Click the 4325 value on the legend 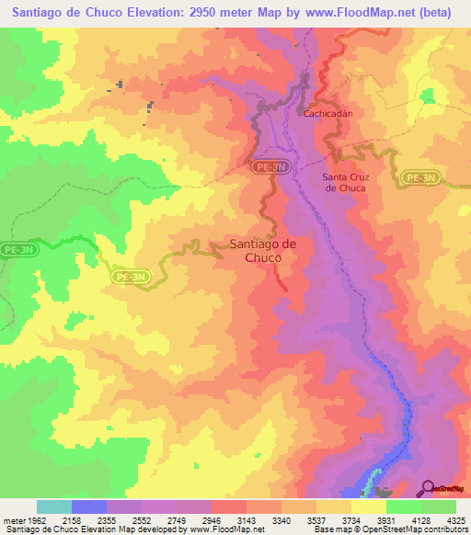[454, 520]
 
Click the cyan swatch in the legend [54, 507]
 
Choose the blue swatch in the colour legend [89, 507]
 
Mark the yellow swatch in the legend [369, 507]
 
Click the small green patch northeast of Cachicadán [428, 95]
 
